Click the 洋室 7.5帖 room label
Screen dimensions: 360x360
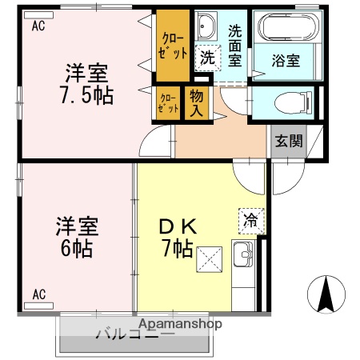click(88, 84)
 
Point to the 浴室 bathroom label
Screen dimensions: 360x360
click(286, 60)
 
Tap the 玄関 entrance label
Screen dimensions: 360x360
click(289, 142)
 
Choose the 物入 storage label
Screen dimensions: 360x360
click(197, 103)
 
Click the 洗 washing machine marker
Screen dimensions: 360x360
click(206, 58)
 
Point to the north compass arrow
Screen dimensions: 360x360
click(326, 294)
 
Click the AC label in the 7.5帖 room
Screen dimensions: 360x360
click(38, 26)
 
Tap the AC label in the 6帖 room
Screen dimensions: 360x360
click(38, 294)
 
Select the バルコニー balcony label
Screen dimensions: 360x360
click(136, 334)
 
